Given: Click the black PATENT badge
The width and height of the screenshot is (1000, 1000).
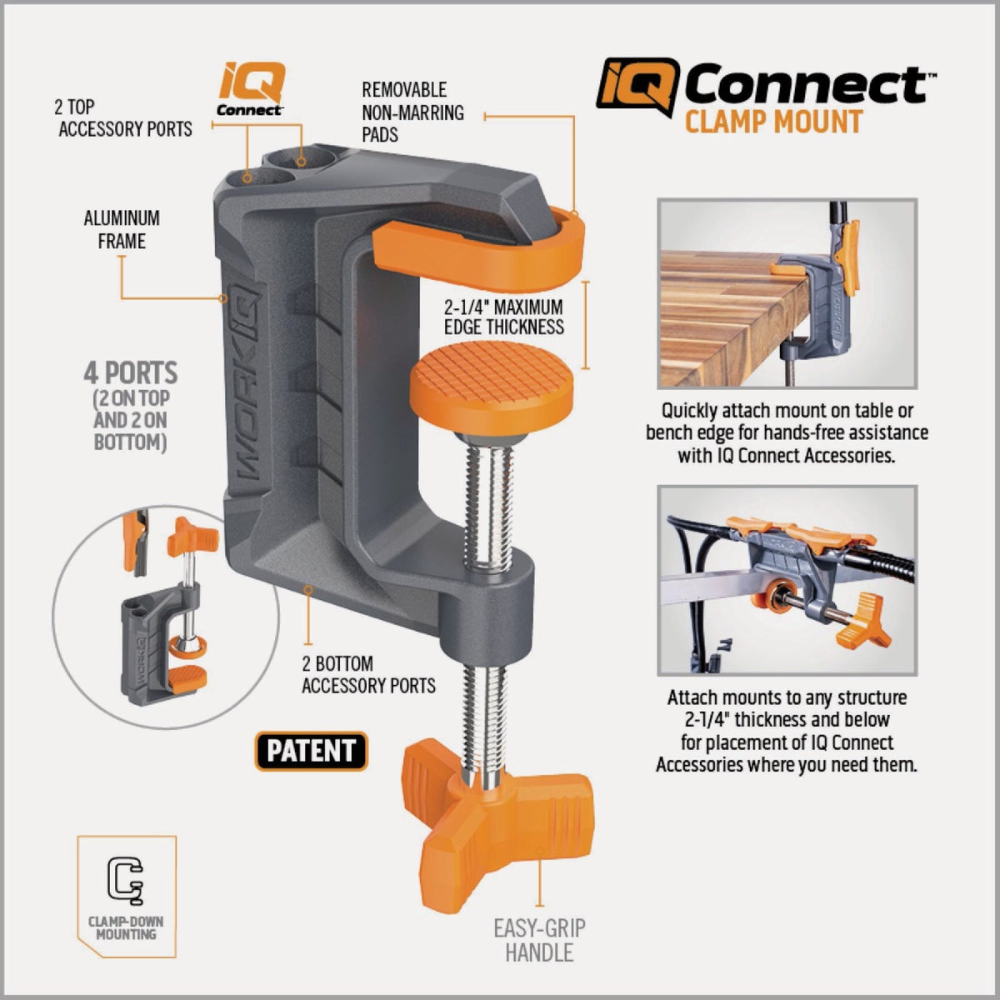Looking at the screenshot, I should coord(311,751).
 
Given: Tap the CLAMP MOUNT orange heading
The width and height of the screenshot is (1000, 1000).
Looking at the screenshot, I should coord(772,122).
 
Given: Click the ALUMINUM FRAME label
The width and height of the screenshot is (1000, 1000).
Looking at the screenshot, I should coord(122,230).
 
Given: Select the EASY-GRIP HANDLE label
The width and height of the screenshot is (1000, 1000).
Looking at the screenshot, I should coord(539,940).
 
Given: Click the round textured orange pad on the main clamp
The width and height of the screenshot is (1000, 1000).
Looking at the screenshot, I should coord(492,384).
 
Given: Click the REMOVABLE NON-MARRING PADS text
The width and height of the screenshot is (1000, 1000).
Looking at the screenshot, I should coord(412,112).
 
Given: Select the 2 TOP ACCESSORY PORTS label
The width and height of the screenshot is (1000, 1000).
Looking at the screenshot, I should coord(125,117).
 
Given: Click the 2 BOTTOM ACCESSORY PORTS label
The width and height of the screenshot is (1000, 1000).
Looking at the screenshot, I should coord(368,675).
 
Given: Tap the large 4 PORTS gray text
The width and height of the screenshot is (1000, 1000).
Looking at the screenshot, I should coord(131,372).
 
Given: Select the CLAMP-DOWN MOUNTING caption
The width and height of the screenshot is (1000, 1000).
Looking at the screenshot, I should coord(126,928).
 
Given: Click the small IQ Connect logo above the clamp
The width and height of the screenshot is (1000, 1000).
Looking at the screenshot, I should coord(251,90).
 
